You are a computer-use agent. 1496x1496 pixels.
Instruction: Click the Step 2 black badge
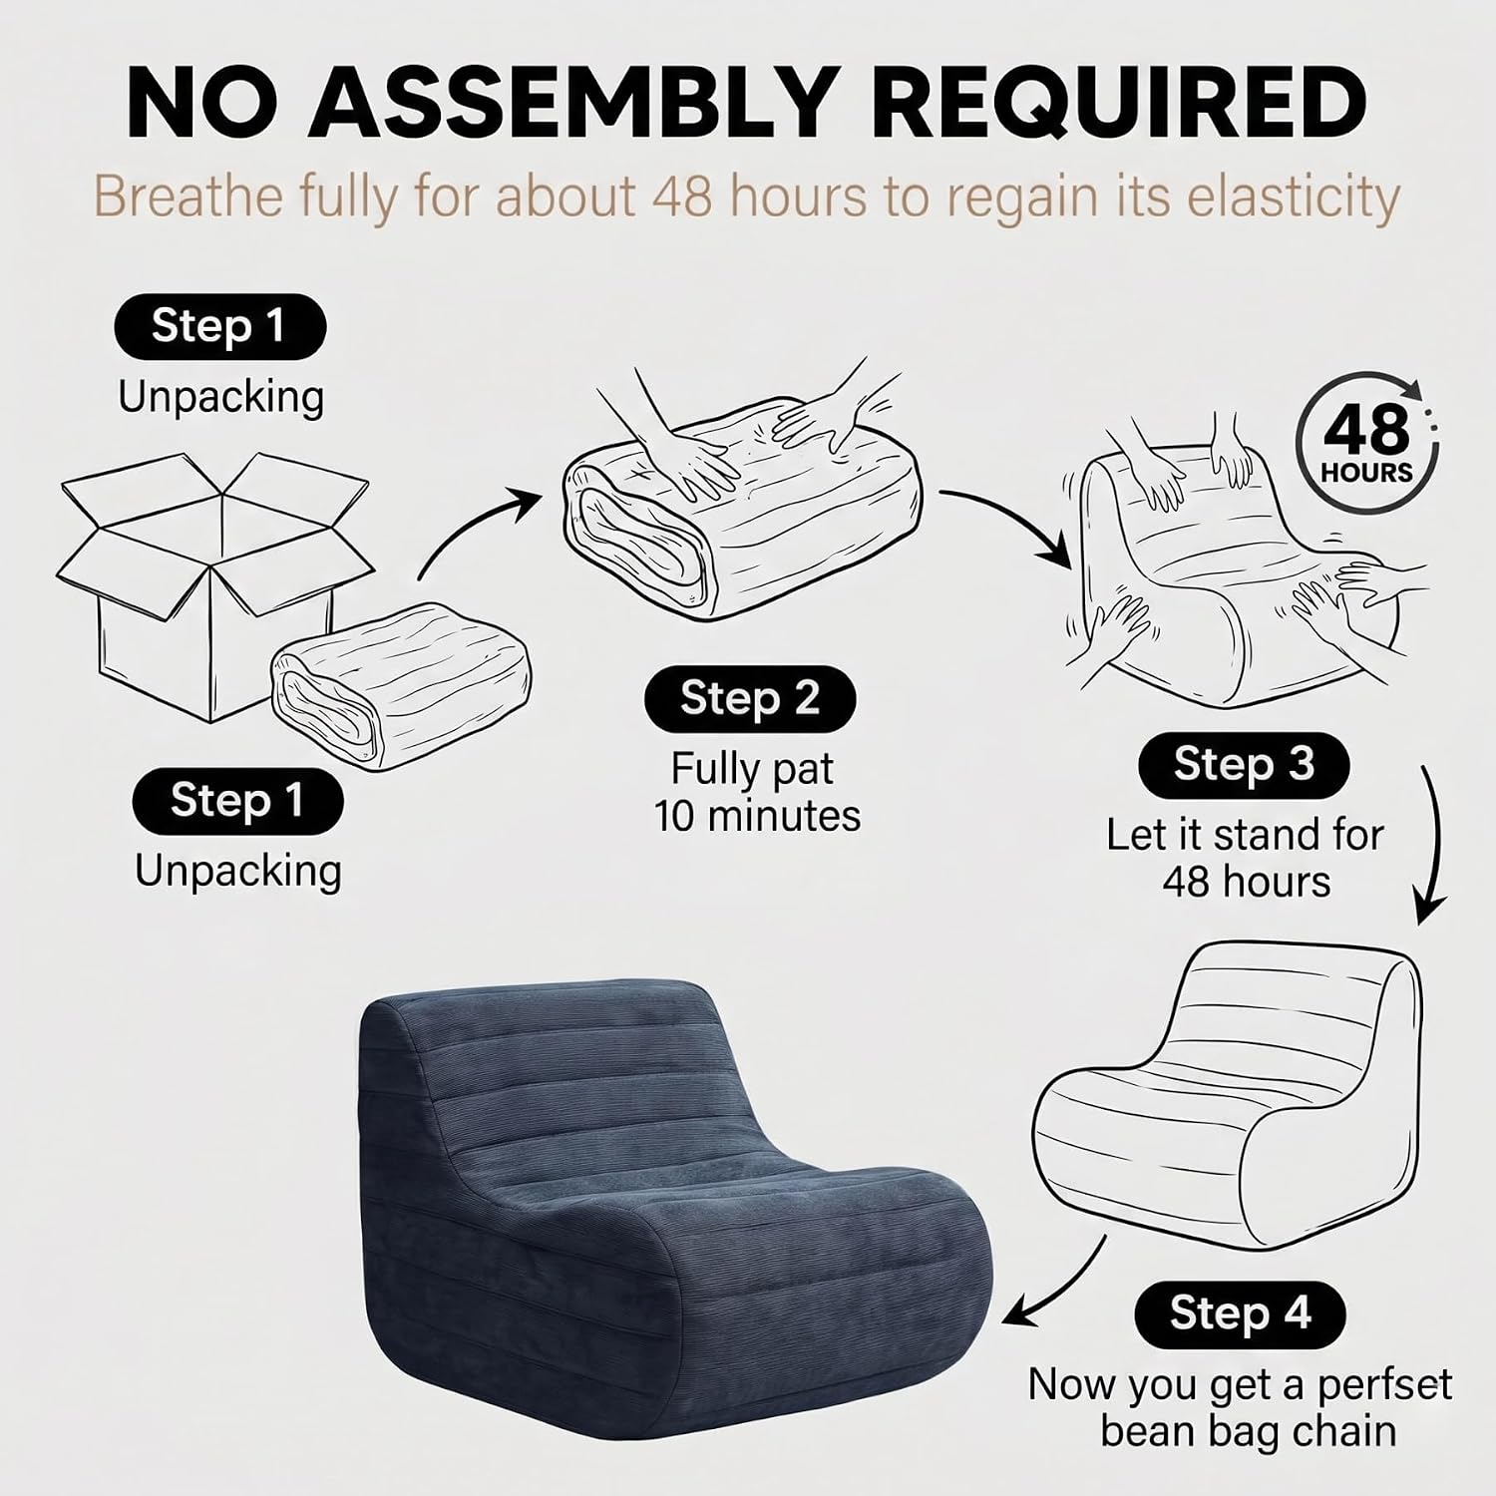750,699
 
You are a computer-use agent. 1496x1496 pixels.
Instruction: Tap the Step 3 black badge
1244,765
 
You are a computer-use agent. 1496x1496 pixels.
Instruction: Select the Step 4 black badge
1240,1313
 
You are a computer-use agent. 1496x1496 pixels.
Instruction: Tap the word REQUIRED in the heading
1119,103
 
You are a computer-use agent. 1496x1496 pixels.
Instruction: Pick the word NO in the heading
200,103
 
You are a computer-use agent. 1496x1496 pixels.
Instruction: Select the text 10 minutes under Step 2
757,816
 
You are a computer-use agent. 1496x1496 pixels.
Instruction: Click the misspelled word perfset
1384,1384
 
